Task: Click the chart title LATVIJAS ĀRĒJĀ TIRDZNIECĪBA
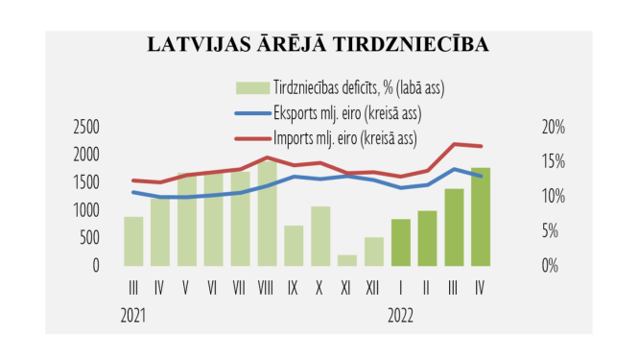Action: coord(318,45)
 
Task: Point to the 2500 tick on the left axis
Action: coord(86,126)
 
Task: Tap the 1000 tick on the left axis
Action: coord(86,209)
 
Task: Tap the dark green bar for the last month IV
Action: coord(481,217)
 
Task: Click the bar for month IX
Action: coord(294,246)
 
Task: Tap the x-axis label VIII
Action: coord(267,286)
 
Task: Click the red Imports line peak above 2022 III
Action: coord(454,144)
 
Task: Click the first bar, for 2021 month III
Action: coord(133,242)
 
